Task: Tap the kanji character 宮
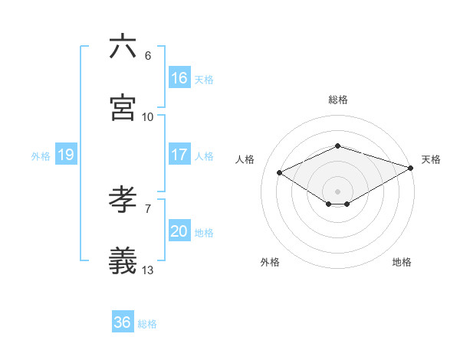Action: [123, 107]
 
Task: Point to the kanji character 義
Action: [123, 261]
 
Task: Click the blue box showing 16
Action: [179, 78]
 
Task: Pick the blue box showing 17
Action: [179, 155]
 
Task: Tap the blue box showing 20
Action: [179, 231]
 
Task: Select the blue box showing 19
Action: [65, 155]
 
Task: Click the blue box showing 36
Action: [122, 322]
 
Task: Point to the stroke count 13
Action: [148, 270]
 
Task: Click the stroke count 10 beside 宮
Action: [148, 116]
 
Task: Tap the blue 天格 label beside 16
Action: [204, 80]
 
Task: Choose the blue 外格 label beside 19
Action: [41, 156]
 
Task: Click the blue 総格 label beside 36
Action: [147, 324]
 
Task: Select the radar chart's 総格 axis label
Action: [338, 100]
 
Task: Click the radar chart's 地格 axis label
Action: [402, 262]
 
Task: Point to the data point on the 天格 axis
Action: [412, 167]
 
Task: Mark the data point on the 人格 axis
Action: [280, 172]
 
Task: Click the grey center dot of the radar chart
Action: [338, 190]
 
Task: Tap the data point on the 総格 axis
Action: [338, 146]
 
